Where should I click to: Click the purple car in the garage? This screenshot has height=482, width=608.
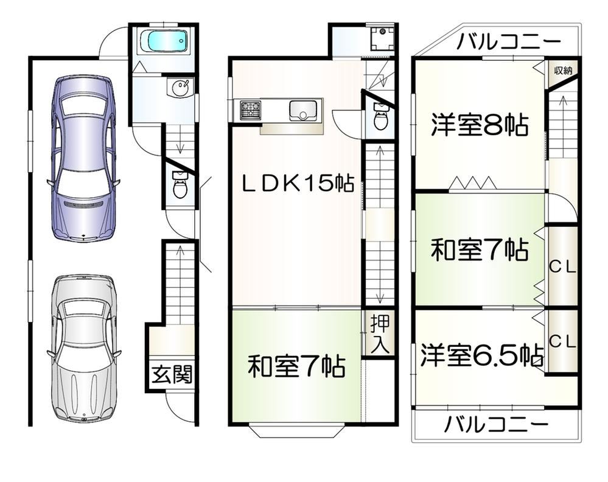(83, 159)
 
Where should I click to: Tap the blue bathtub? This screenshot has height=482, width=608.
(163, 41)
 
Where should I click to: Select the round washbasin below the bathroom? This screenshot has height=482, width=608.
(181, 88)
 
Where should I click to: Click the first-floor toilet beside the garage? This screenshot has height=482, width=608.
(179, 184)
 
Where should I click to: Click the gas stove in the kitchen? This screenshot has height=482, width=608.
(251, 109)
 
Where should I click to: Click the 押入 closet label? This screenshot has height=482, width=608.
(380, 334)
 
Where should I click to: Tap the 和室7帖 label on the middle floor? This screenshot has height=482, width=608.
(296, 366)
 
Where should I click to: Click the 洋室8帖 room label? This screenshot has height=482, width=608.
(480, 125)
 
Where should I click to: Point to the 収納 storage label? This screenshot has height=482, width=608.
(563, 71)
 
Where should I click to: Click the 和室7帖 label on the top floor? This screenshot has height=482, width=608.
(480, 250)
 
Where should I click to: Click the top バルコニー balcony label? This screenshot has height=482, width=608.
(508, 41)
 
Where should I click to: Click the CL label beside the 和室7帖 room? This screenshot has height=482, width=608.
(563, 267)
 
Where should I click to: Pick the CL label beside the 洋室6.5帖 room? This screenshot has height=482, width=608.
(563, 341)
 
